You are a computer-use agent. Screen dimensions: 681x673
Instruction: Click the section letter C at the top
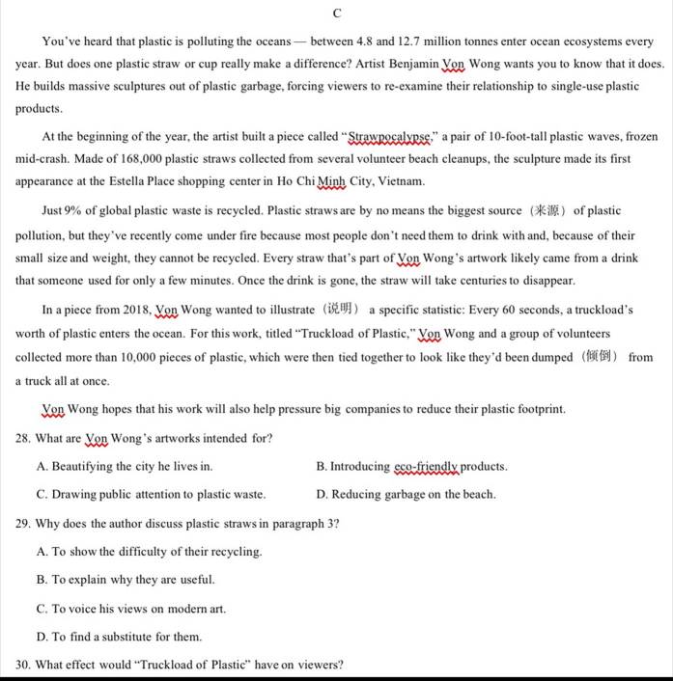[337, 14]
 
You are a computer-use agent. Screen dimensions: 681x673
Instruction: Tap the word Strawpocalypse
[389, 137]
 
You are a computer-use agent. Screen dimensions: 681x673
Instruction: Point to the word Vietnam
[403, 181]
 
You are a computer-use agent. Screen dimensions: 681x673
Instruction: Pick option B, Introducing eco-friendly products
[411, 467]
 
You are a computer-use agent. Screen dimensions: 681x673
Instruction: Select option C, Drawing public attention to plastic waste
[151, 495]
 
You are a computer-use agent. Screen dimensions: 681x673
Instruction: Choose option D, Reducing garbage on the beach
[406, 495]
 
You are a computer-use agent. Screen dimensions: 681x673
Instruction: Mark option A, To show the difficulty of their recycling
[149, 552]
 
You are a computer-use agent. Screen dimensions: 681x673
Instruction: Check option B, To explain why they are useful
[126, 580]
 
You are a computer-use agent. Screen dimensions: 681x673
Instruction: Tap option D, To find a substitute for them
[119, 637]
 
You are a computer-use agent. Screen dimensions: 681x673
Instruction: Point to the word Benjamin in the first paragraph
[407, 64]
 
